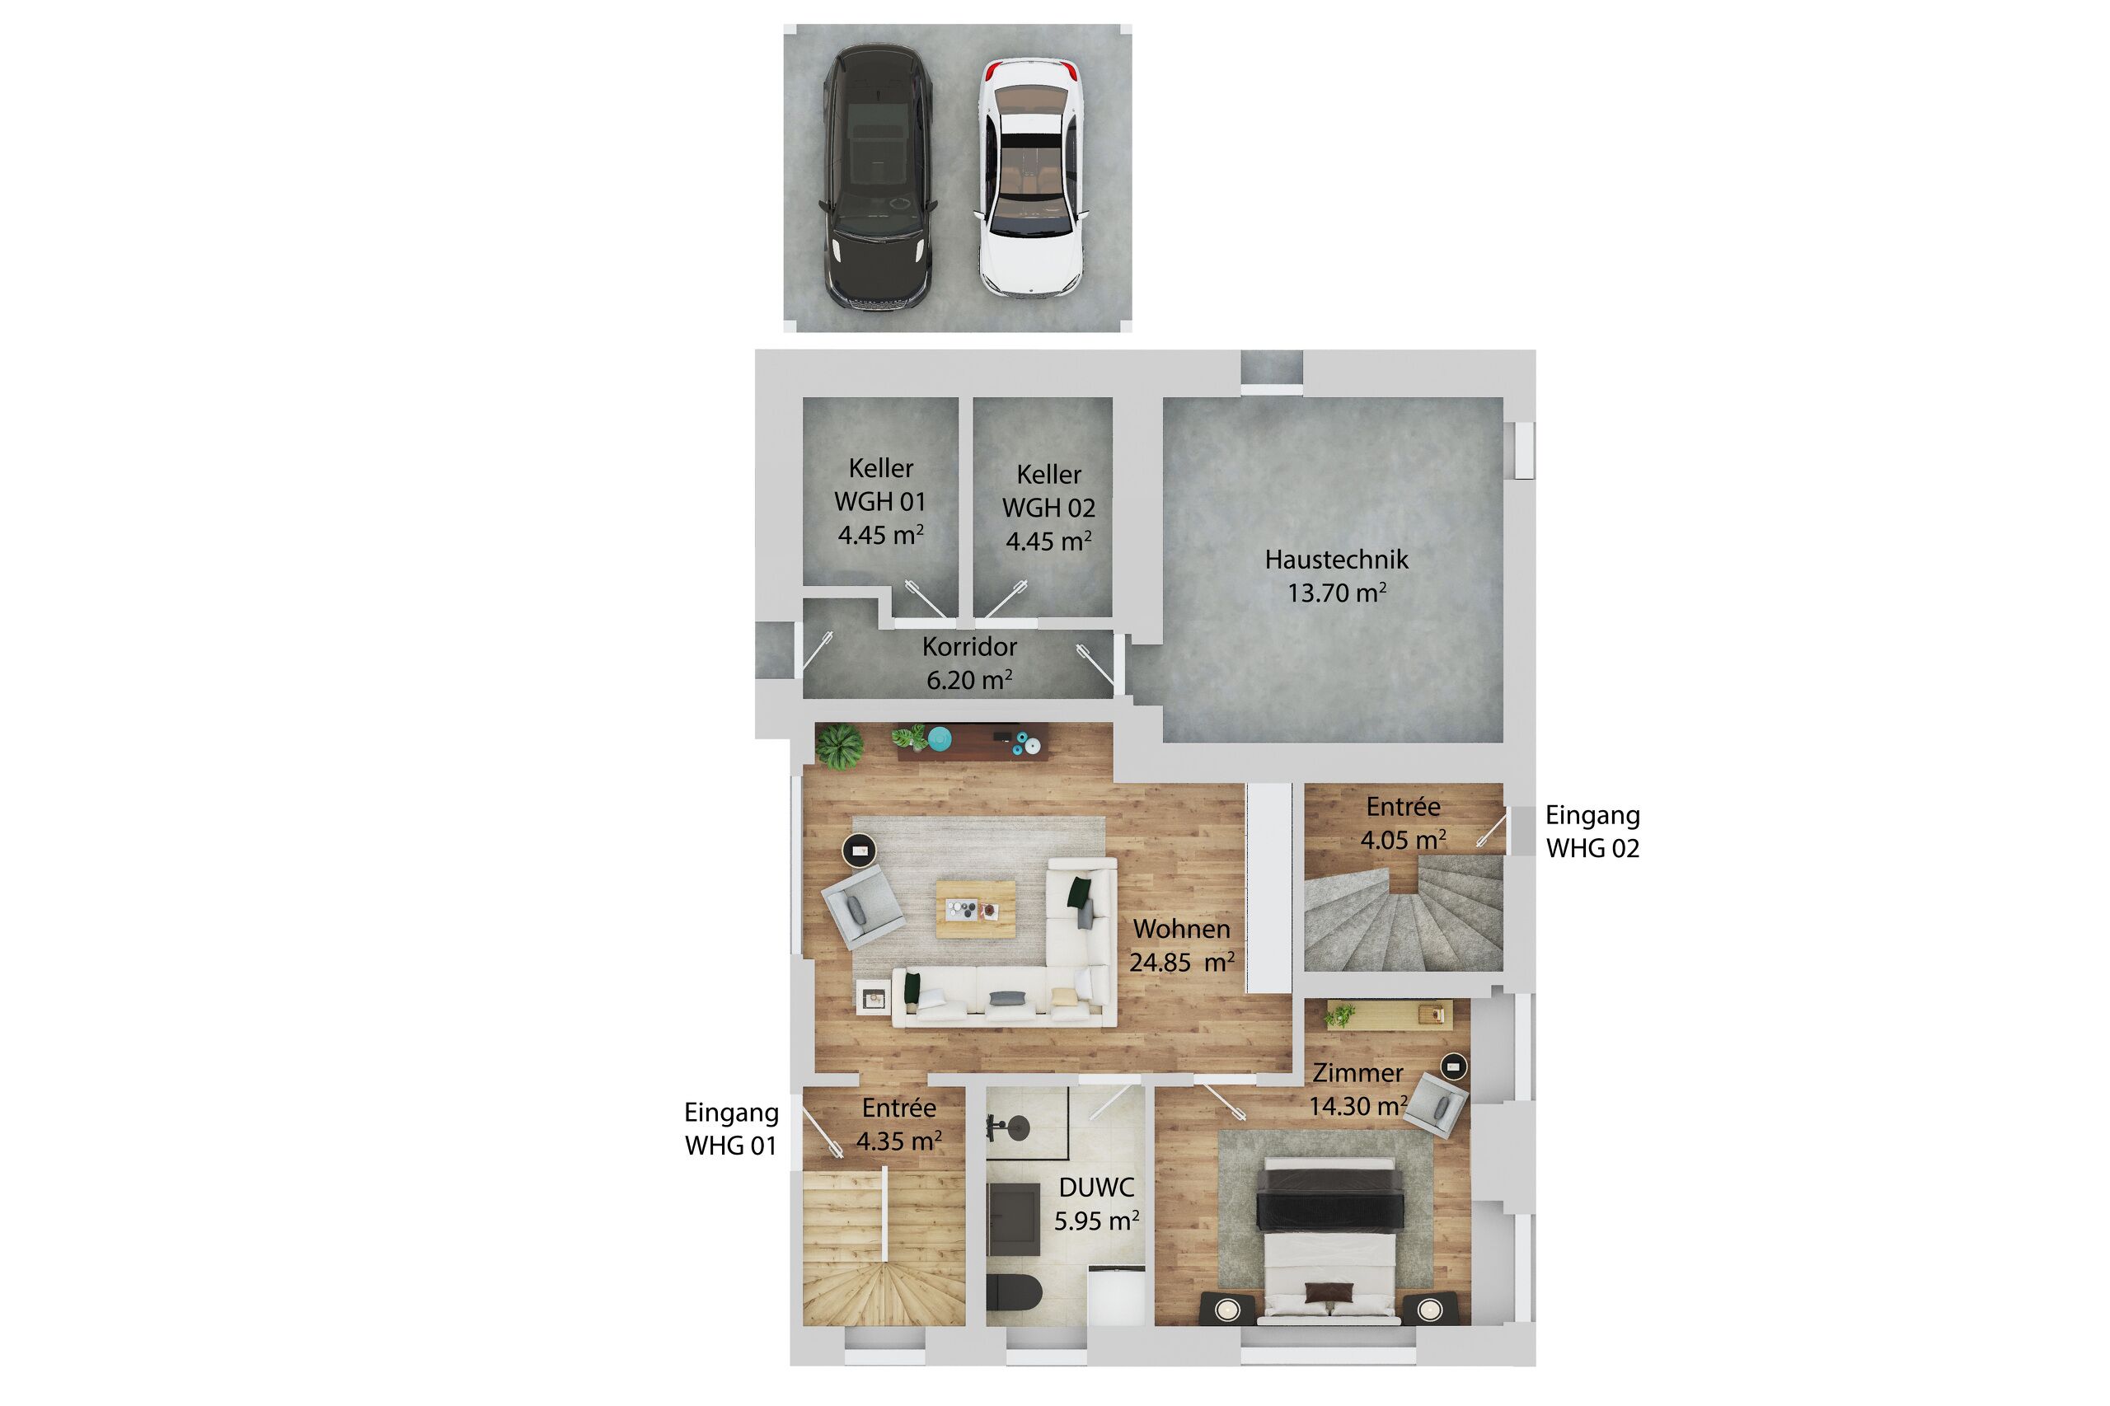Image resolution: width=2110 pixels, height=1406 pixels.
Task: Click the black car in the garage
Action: pos(880,176)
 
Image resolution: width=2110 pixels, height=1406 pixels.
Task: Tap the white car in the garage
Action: pos(1031,176)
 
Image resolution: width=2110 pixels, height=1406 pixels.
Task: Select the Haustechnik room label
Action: pos(1336,560)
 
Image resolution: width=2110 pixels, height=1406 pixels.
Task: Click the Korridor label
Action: pos(969,646)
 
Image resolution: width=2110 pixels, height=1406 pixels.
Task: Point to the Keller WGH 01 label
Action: pos(880,501)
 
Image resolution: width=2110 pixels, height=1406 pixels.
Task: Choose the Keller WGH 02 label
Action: pos(1048,508)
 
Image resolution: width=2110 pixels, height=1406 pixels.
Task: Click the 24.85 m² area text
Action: pos(1182,962)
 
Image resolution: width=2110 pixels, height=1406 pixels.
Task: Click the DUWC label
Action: pos(1097,1188)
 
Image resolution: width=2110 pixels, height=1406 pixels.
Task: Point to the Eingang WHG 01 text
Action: pos(731,1129)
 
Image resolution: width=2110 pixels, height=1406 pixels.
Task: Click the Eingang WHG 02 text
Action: pos(1592,832)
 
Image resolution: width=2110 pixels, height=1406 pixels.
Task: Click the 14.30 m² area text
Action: pos(1357,1106)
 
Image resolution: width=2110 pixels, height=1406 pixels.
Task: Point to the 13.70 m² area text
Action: pos(1336,593)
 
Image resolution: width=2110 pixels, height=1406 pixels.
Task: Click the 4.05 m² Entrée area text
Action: pos(1404,840)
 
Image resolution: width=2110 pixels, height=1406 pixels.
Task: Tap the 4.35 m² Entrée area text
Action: pos(898,1141)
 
